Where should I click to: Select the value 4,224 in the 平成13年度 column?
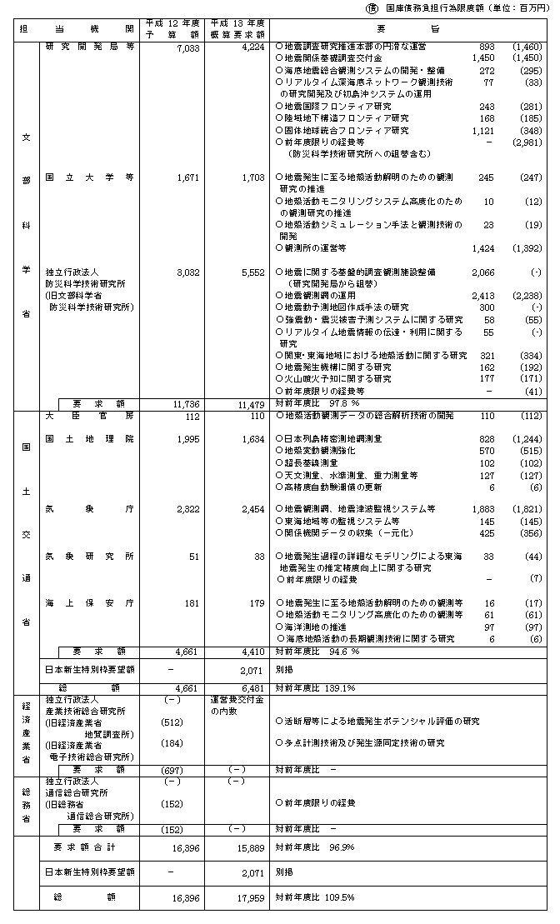coord(251,48)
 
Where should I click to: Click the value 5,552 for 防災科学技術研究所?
coord(251,272)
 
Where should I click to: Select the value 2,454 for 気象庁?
coord(251,508)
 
